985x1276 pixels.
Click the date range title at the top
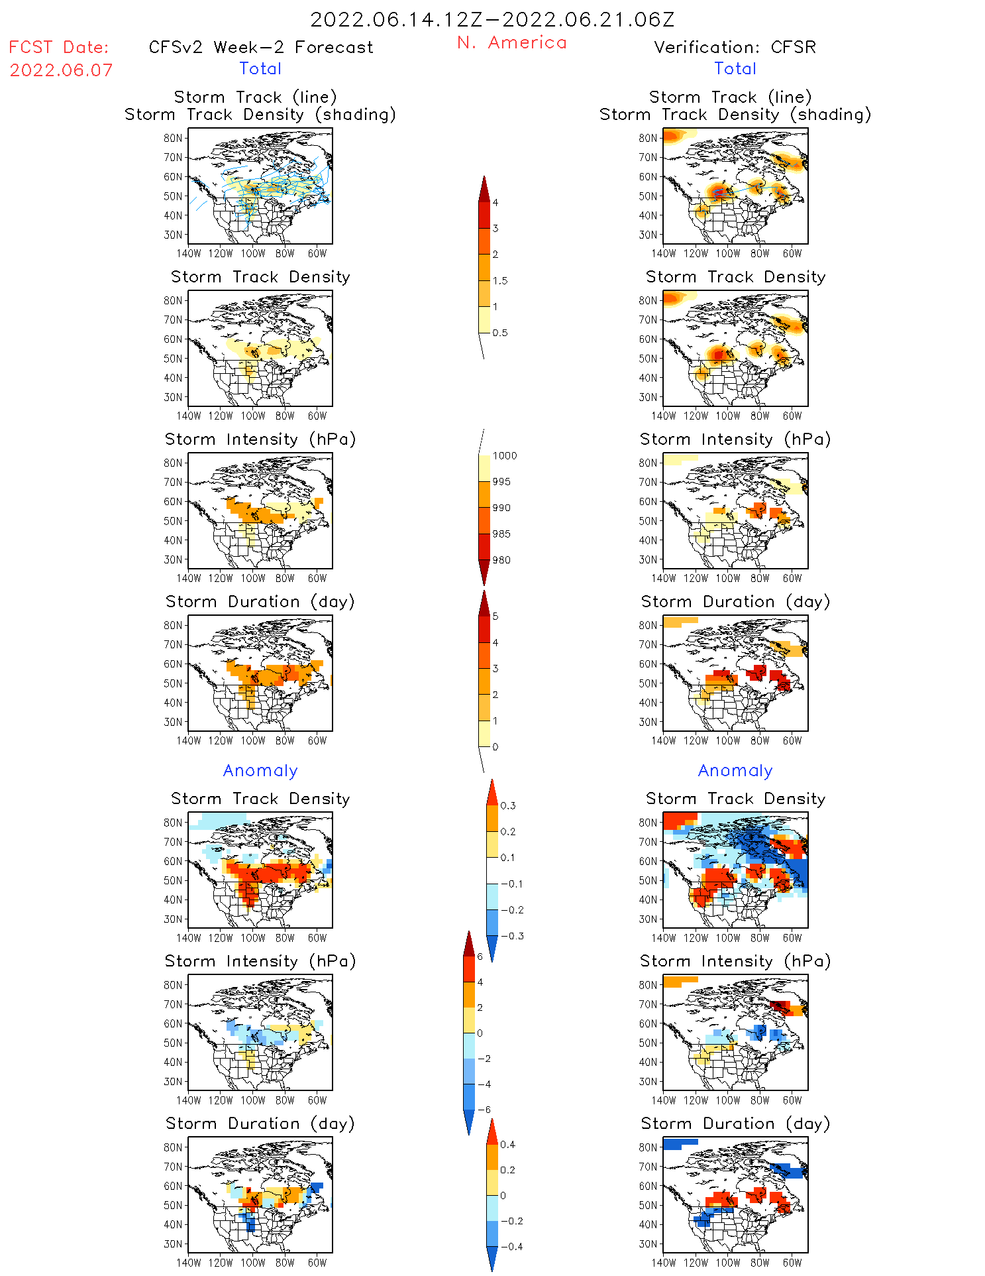pyautogui.click(x=492, y=19)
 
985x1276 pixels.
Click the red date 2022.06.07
pyautogui.click(x=61, y=70)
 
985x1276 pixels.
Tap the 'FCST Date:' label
pyautogui.click(x=58, y=47)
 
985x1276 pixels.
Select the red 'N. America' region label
pyautogui.click(x=511, y=42)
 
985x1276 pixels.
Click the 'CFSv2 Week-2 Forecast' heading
pyautogui.click(x=261, y=47)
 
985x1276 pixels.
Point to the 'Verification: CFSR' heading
pyautogui.click(x=735, y=47)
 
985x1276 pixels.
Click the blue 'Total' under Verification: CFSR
pyautogui.click(x=735, y=68)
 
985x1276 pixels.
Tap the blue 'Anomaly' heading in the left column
pyautogui.click(x=260, y=770)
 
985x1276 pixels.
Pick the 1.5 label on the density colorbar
pyautogui.click(x=500, y=280)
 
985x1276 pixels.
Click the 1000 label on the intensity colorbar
pyautogui.click(x=504, y=455)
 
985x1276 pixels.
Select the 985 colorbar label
pyautogui.click(x=501, y=534)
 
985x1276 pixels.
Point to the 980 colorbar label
pyautogui.click(x=501, y=560)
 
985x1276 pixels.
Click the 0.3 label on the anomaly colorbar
pyautogui.click(x=508, y=805)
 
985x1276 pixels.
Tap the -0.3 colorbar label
pyautogui.click(x=511, y=936)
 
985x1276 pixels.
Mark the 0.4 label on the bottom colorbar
pyautogui.click(x=507, y=1144)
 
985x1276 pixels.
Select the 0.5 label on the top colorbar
pyautogui.click(x=500, y=333)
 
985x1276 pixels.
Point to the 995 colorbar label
pyautogui.click(x=501, y=482)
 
